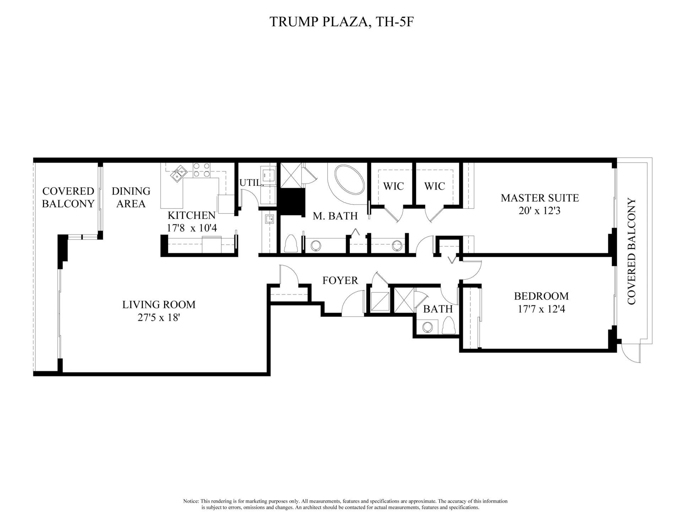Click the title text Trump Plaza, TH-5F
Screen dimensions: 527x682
click(341, 22)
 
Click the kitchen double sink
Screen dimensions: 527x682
click(179, 174)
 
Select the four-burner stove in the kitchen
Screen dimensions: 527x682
click(201, 170)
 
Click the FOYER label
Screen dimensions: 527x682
click(340, 281)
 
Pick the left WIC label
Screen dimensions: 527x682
click(394, 186)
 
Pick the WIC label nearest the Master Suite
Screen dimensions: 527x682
click(434, 186)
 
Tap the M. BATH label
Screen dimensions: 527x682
click(335, 216)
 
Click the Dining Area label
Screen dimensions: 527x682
click(131, 197)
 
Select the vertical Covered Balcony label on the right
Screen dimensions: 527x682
click(631, 251)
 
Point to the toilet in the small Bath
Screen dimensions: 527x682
click(449, 326)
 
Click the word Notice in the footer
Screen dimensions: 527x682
click(191, 501)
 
